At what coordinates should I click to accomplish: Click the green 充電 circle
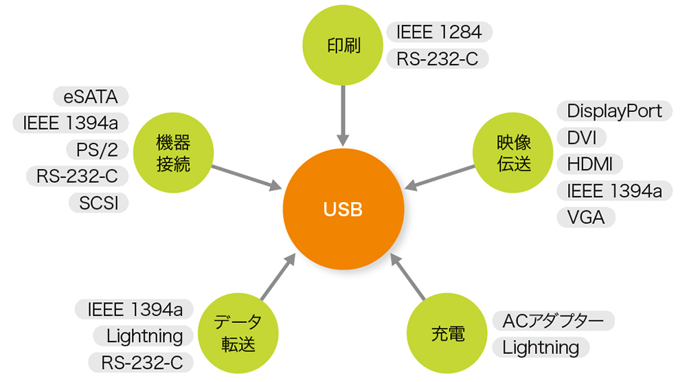448,334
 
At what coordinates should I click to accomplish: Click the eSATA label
91,97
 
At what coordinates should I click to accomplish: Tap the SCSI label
98,203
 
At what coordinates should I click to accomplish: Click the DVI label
581,137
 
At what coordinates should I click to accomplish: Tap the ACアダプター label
553,321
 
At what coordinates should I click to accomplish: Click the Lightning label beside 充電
541,348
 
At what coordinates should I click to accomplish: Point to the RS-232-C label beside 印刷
437,58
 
